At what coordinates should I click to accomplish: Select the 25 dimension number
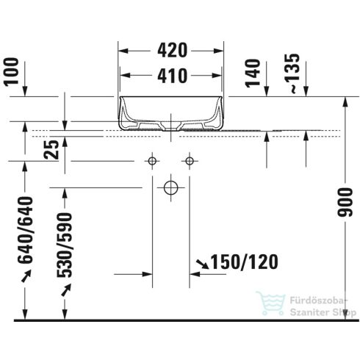point(51,151)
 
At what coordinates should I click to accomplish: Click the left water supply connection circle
point(153,160)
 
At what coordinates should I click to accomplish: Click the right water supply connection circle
point(190,160)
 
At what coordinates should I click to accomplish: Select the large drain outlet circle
point(170,187)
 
